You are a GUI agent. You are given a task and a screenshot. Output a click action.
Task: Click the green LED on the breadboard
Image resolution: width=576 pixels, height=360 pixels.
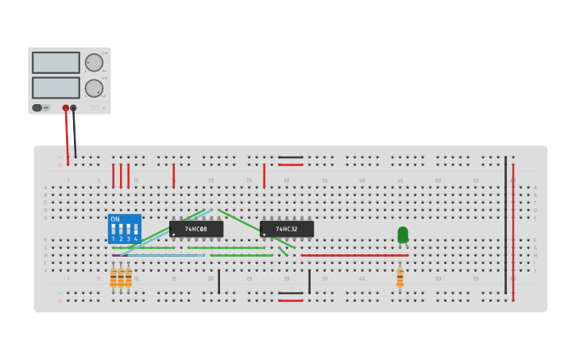pyautogui.click(x=403, y=234)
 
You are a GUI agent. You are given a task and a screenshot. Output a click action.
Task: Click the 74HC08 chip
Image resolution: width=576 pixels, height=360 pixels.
pyautogui.click(x=196, y=229)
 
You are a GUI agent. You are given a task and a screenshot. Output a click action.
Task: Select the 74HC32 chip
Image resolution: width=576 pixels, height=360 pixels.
pyautogui.click(x=287, y=229)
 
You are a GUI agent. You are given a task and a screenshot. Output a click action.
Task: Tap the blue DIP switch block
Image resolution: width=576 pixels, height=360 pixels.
pyautogui.click(x=125, y=229)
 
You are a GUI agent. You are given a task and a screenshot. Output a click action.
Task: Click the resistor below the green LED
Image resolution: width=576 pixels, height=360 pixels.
pyautogui.click(x=400, y=278)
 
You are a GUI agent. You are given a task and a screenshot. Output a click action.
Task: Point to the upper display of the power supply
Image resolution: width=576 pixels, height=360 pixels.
pyautogui.click(x=56, y=63)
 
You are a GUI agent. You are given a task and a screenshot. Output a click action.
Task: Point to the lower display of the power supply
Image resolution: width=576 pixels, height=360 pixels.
pyautogui.click(x=56, y=87)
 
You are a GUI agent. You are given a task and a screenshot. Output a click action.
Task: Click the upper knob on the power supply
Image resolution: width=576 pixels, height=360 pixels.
pyautogui.click(x=94, y=63)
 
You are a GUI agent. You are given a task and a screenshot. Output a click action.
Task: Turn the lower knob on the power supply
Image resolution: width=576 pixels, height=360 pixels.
pyautogui.click(x=94, y=88)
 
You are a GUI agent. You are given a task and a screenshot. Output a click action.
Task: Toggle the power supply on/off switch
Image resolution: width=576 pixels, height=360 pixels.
pyautogui.click(x=37, y=107)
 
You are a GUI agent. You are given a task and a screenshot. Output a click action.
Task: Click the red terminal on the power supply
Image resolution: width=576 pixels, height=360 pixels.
pyautogui.click(x=66, y=108)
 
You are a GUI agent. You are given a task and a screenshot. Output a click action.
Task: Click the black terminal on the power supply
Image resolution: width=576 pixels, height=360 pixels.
pyautogui.click(x=74, y=108)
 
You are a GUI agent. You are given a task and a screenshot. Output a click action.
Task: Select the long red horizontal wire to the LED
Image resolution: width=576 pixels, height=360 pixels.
pyautogui.click(x=354, y=255)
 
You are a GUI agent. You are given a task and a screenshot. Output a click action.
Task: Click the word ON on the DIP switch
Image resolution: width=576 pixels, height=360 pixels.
pyautogui.click(x=115, y=219)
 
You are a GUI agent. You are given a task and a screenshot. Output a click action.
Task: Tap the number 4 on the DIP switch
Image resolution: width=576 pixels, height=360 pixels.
pyautogui.click(x=136, y=238)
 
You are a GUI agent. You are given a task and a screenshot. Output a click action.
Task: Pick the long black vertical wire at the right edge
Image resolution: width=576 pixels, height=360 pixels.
pyautogui.click(x=505, y=226)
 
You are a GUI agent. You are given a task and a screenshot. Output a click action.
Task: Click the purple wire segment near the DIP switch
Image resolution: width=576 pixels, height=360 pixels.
pyautogui.click(x=116, y=255)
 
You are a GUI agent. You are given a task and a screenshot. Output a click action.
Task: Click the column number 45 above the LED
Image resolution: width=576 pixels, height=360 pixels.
pyautogui.click(x=400, y=180)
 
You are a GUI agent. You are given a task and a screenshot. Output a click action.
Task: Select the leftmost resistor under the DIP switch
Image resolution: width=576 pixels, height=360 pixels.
pyautogui.click(x=113, y=278)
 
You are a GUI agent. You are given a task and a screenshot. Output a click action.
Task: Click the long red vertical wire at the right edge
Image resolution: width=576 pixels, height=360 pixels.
pyautogui.click(x=513, y=230)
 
